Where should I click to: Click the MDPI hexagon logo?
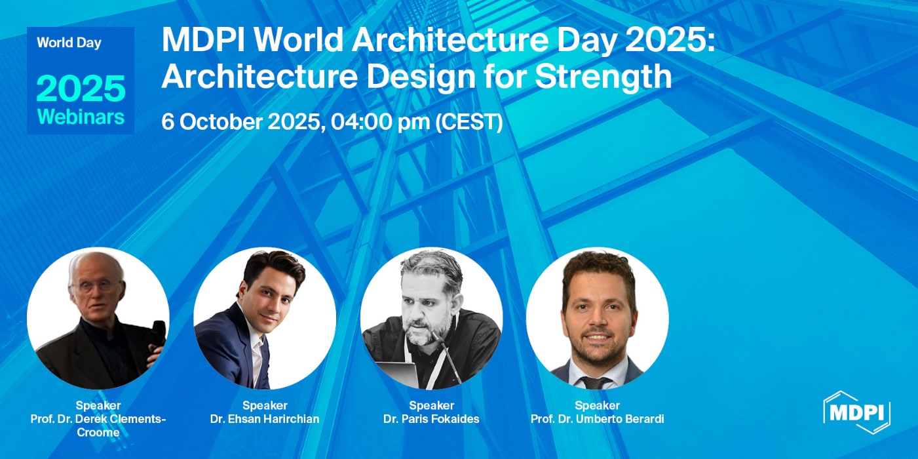coord(856,412)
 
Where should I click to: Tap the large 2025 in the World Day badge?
coord(81,89)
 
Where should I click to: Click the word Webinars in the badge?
coord(81,117)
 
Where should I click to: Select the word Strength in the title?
coord(603,77)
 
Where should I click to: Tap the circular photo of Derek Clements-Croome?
coord(98,318)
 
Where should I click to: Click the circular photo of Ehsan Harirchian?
coord(265,318)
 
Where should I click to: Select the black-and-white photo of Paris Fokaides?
coord(431,318)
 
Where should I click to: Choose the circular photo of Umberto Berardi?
coord(598,318)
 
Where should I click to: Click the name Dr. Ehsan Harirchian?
coord(265,419)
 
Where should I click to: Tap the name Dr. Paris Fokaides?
coord(431,419)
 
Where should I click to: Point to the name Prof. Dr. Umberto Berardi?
coord(598,419)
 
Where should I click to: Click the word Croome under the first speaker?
coord(98,432)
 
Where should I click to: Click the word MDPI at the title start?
coord(203,41)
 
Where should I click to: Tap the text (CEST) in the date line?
coord(469,122)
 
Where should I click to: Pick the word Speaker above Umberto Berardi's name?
coord(598,406)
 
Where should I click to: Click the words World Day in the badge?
coord(69,43)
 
